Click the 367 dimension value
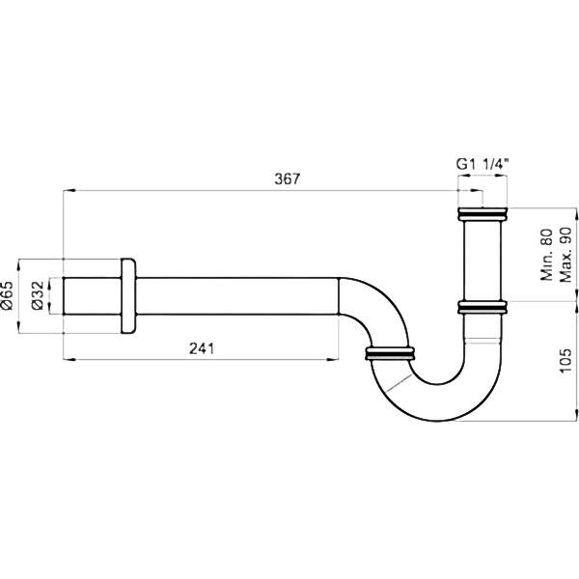pyautogui.click(x=288, y=179)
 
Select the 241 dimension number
pyautogui.click(x=202, y=348)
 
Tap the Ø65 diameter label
pyautogui.click(x=7, y=295)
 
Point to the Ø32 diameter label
pyautogui.click(x=38, y=295)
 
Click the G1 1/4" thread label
pyautogui.click(x=482, y=164)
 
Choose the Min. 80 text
pyautogui.click(x=546, y=255)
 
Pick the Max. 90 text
pyautogui.click(x=565, y=255)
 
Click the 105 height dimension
pyautogui.click(x=565, y=360)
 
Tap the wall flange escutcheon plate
pyautogui.click(x=128, y=296)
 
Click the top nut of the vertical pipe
pyautogui.click(x=482, y=214)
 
